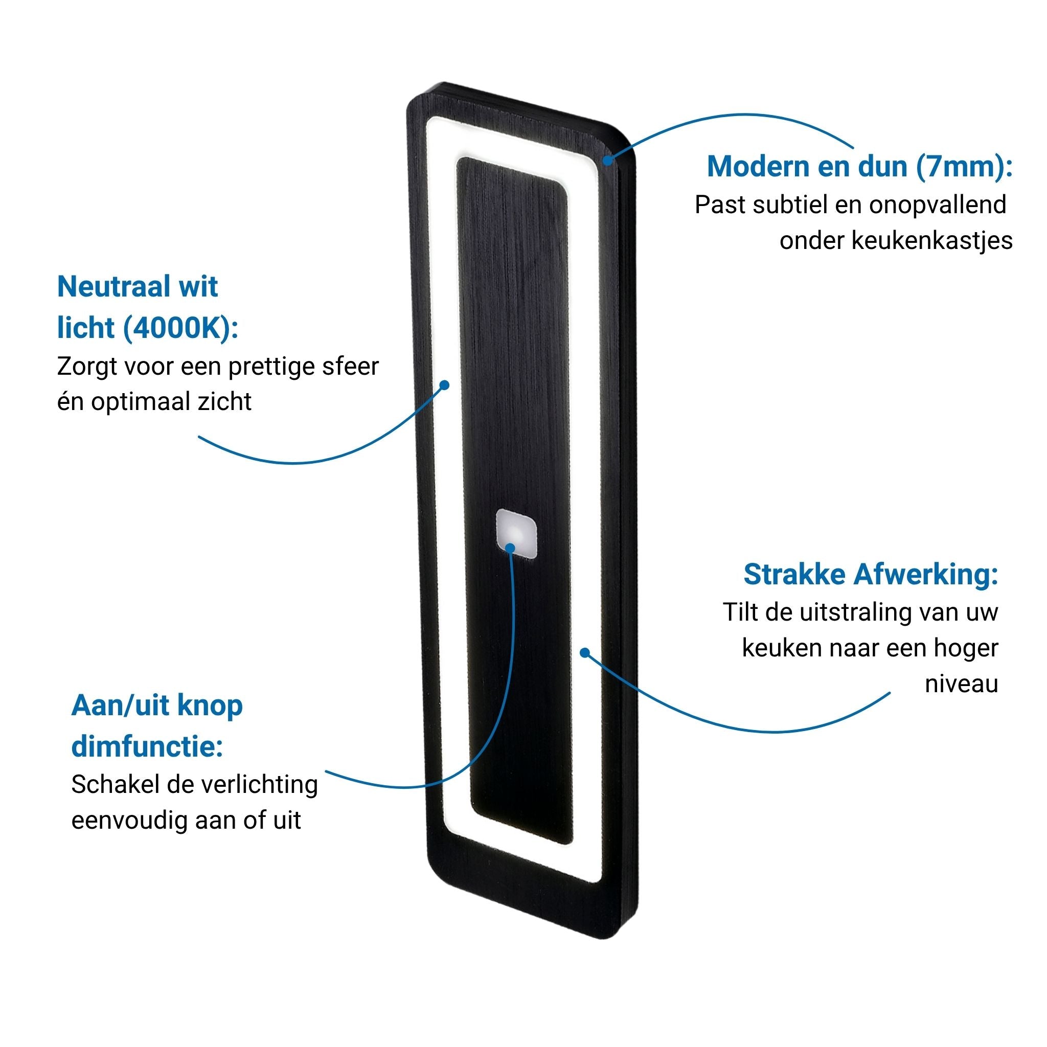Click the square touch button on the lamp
pos(516,533)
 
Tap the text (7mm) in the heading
pos(964,166)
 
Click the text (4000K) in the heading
pos(181,328)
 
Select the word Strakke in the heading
pos(795,574)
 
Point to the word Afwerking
pos(926,574)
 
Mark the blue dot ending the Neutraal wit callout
pos(444,385)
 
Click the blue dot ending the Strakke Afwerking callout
pos(585,652)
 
